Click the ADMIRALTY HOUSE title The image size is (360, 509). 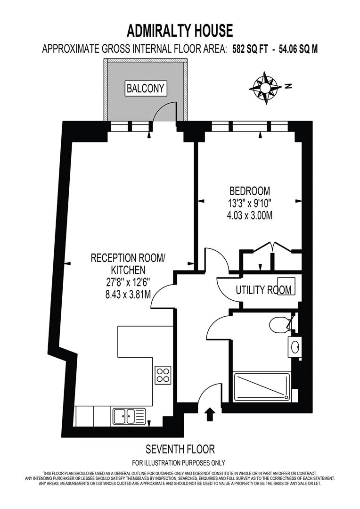tap(180, 31)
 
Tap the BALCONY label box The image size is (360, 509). tap(146, 88)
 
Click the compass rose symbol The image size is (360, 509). tap(266, 87)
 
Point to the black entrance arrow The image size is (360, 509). tap(210, 414)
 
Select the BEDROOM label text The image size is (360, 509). tap(249, 191)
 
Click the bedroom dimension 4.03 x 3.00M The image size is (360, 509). tap(249, 215)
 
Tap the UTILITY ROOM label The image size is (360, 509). tap(263, 290)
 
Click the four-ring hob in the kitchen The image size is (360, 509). tap(163, 376)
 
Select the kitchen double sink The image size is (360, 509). tap(129, 416)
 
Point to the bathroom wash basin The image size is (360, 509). tap(295, 348)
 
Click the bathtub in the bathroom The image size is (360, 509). tap(262, 387)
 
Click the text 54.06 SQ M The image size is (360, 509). tap(297, 49)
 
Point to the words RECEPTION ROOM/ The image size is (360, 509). tap(128, 258)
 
